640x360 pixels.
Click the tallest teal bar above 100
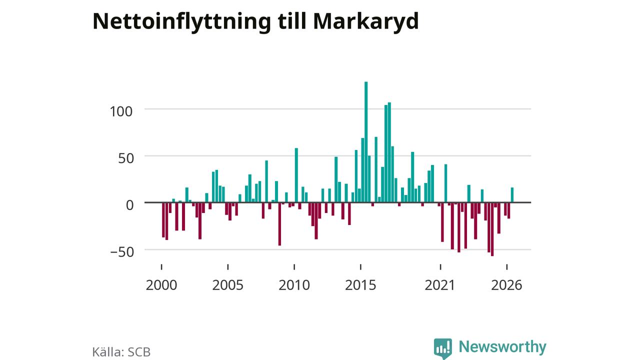(x=366, y=142)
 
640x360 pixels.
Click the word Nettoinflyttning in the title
(x=181, y=21)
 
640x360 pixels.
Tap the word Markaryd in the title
(x=366, y=21)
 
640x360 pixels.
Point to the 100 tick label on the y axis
(x=121, y=111)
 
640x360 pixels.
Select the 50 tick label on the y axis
(x=126, y=158)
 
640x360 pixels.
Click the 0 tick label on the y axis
(x=129, y=205)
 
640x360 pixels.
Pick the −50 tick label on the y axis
(x=122, y=252)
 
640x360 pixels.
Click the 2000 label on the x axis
(x=161, y=285)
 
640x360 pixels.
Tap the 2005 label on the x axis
(x=227, y=285)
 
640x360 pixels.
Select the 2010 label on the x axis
(x=294, y=285)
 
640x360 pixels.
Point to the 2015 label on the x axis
(x=360, y=285)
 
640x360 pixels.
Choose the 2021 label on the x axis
(x=439, y=285)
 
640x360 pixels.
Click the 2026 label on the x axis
(x=506, y=285)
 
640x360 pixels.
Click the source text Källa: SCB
(x=121, y=352)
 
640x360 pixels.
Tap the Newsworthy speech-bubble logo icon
(x=443, y=348)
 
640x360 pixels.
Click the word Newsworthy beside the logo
(x=502, y=347)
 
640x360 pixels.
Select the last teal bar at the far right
(x=512, y=195)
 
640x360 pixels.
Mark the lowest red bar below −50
(x=492, y=229)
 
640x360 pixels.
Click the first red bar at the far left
(x=163, y=220)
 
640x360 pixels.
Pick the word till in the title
(x=292, y=21)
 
